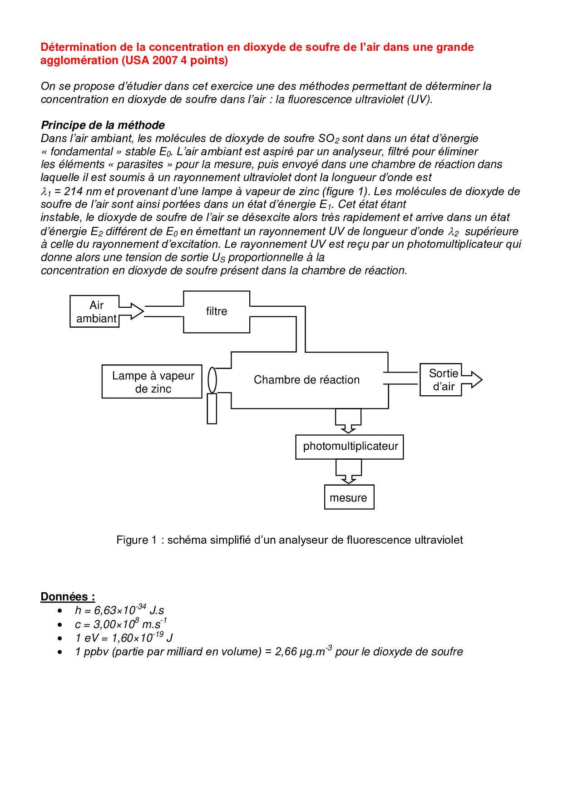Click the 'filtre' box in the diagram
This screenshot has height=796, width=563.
[216, 312]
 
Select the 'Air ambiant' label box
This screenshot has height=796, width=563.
[95, 312]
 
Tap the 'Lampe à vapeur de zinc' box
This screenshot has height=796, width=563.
[152, 382]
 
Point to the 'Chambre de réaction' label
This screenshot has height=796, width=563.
[306, 380]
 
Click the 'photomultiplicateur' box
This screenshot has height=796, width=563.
[350, 447]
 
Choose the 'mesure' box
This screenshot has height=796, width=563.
[349, 497]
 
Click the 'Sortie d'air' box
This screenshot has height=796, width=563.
[441, 380]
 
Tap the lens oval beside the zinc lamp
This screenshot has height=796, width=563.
[212, 380]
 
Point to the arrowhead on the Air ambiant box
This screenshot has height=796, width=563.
[136, 311]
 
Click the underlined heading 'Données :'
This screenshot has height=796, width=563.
[68, 597]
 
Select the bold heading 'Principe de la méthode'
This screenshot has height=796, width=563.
[103, 125]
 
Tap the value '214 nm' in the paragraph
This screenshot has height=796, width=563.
[83, 192]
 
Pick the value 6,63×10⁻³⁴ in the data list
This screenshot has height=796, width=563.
[120, 610]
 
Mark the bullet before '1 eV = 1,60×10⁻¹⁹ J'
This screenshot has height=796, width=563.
[60, 639]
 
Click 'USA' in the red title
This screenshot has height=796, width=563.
[137, 60]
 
